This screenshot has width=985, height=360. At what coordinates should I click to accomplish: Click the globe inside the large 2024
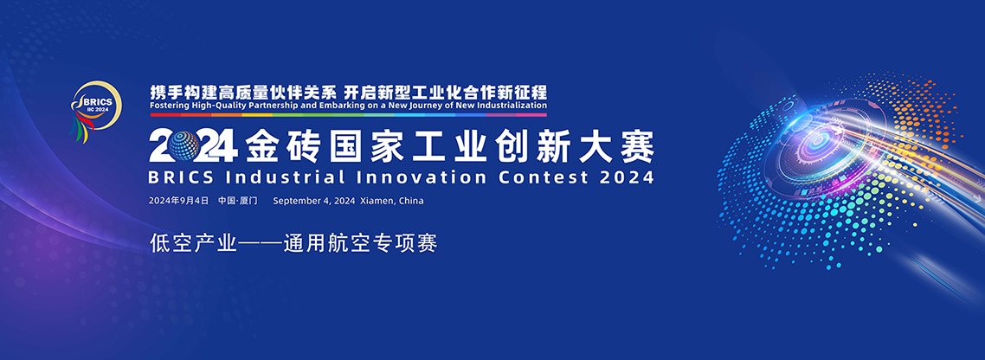click(184, 145)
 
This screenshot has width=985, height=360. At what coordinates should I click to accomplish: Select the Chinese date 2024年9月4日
click(178, 201)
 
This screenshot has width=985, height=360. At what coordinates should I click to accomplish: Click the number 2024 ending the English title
click(627, 177)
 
